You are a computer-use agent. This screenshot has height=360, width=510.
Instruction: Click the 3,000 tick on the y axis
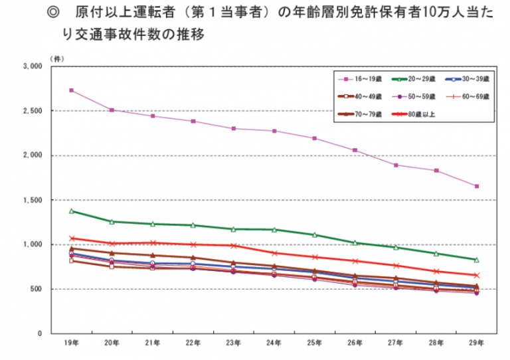click(x=31, y=66)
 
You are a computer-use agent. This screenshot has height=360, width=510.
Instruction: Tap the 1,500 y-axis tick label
click(x=31, y=200)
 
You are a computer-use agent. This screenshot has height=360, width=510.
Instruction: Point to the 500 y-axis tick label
click(x=35, y=289)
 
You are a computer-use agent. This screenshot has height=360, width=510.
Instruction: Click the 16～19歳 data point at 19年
click(x=71, y=90)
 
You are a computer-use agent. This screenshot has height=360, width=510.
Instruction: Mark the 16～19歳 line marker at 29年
click(x=476, y=186)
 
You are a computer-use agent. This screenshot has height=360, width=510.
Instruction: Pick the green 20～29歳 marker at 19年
click(x=71, y=211)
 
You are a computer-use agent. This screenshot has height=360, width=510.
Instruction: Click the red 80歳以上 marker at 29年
click(x=476, y=275)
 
